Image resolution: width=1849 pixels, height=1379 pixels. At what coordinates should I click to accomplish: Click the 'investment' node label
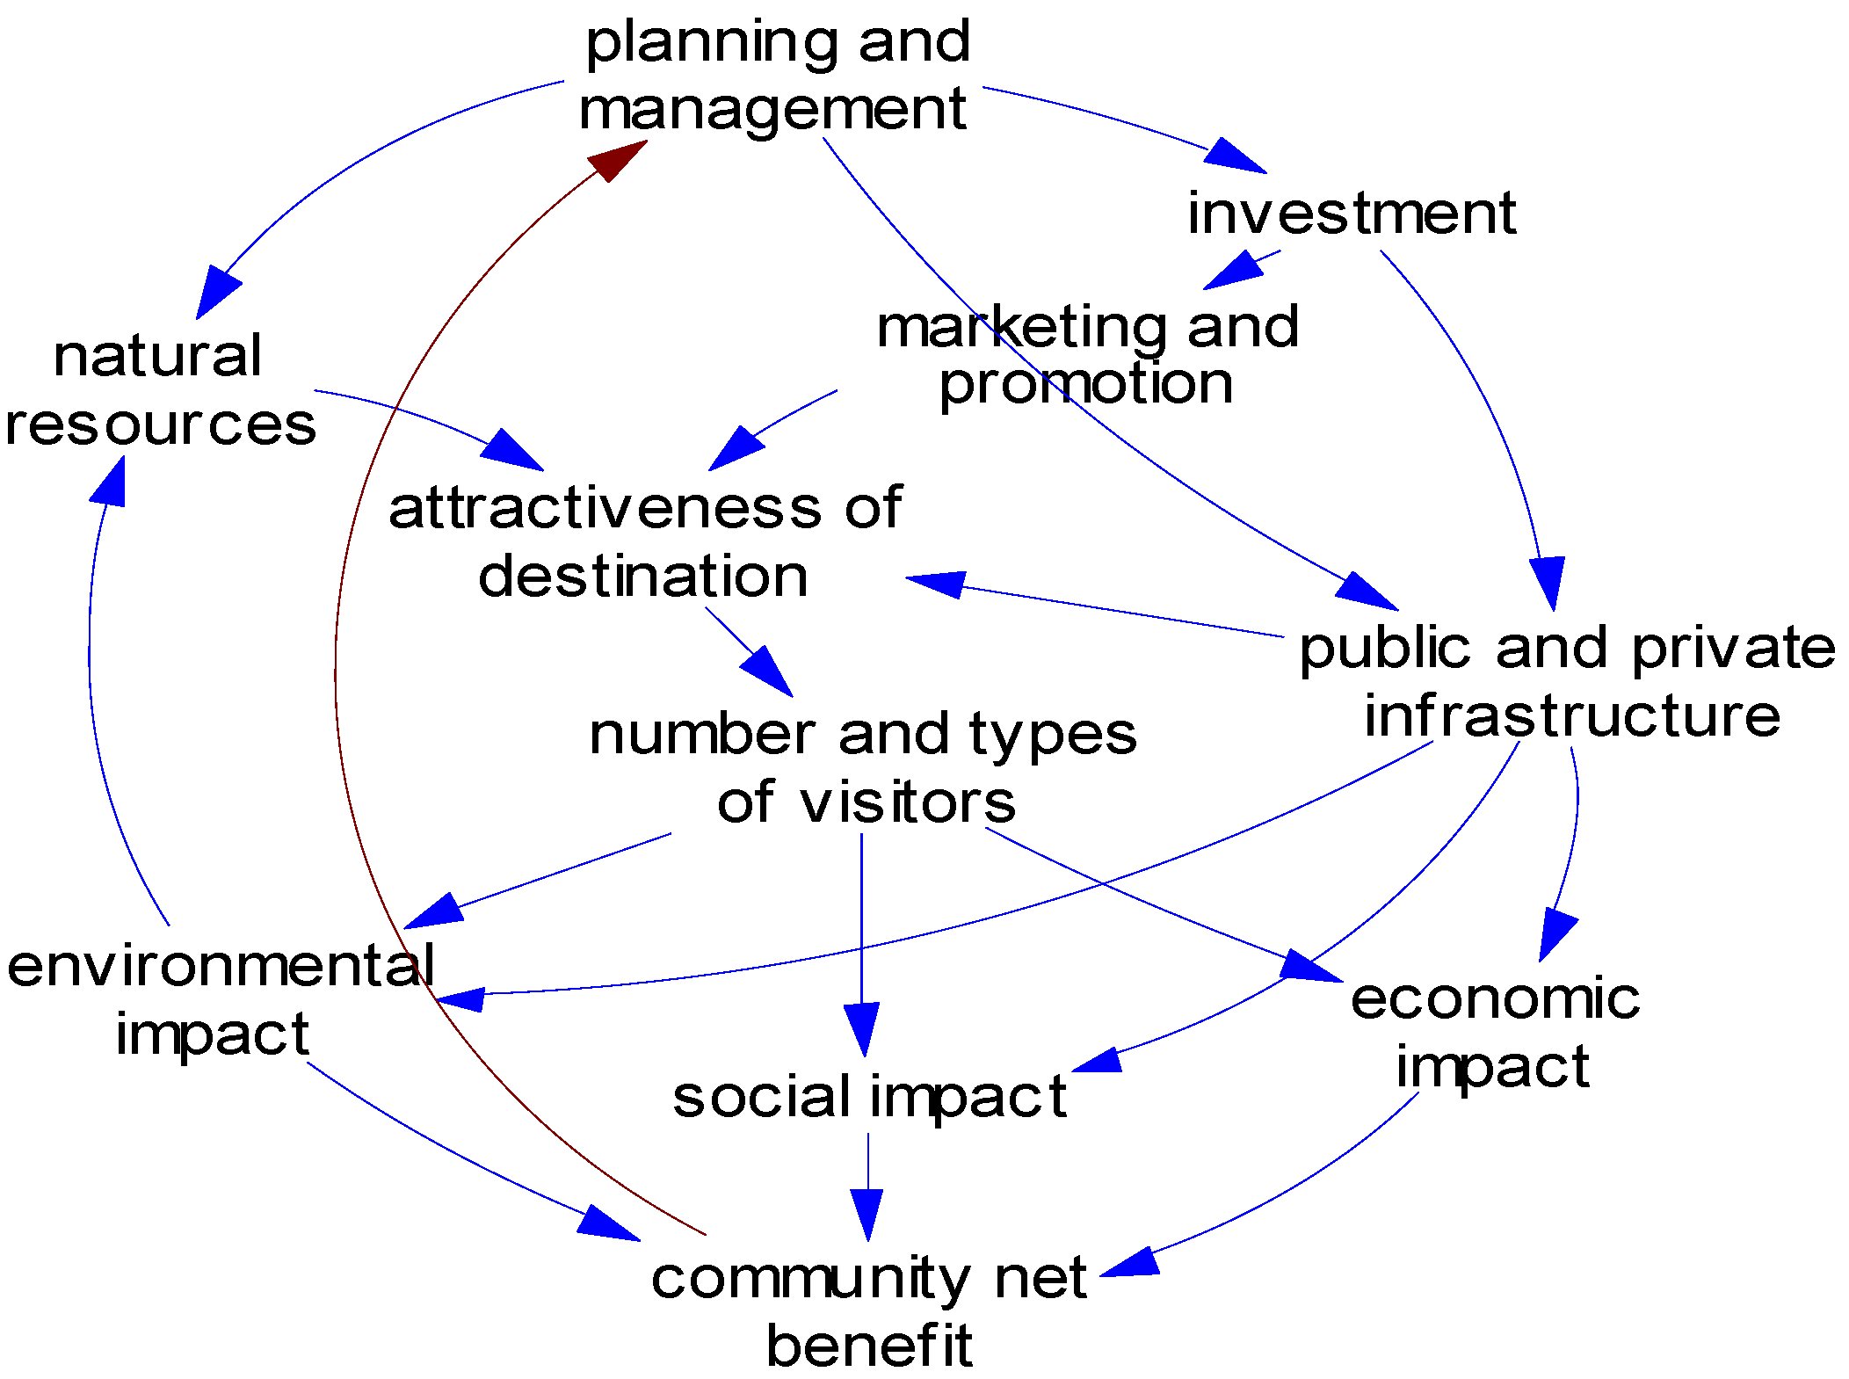tap(1351, 214)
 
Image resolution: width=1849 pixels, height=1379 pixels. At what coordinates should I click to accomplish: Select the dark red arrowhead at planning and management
tap(615, 160)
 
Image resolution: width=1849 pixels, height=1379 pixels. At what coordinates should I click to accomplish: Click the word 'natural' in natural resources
tap(157, 356)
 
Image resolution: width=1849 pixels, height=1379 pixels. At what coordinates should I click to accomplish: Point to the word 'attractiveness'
tap(605, 508)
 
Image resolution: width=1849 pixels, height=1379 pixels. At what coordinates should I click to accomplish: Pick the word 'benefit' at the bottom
tap(868, 1346)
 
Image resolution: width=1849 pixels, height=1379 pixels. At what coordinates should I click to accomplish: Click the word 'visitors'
tap(907, 802)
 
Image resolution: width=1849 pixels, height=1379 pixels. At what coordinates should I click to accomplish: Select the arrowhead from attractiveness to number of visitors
tap(769, 672)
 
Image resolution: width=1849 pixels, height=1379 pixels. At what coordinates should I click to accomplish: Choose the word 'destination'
tap(642, 577)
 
